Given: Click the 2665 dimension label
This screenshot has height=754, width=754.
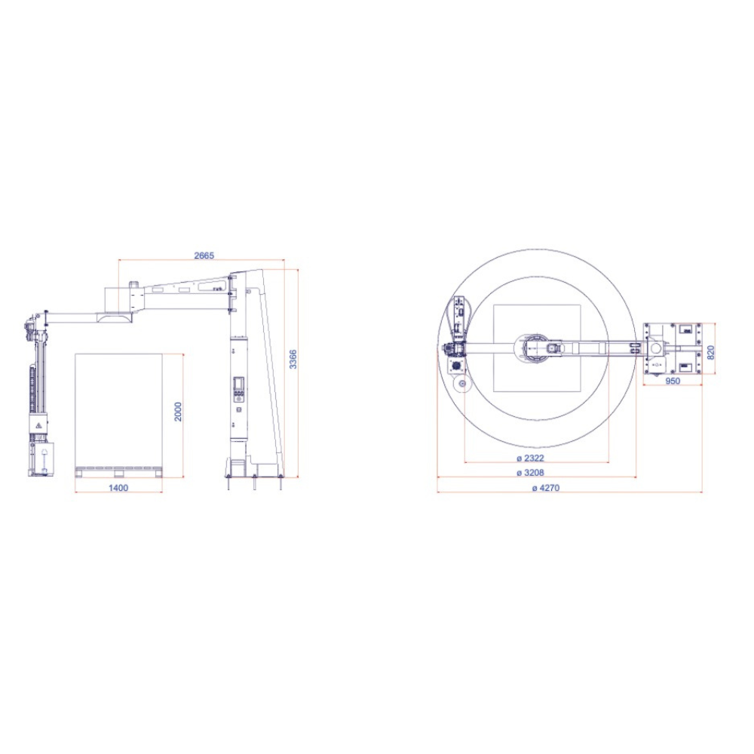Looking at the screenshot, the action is [204, 256].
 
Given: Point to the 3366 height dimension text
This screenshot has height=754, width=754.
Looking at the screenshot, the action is [293, 359].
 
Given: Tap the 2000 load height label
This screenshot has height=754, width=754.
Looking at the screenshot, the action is [178, 412].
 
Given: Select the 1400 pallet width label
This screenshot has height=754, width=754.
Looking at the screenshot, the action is [118, 488].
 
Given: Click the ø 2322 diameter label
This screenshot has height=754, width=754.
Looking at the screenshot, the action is [530, 458].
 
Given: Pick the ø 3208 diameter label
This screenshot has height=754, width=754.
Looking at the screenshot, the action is [530, 473].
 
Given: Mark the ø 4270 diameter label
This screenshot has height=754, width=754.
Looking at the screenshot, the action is [546, 488].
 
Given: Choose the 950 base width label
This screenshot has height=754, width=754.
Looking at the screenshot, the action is [673, 381].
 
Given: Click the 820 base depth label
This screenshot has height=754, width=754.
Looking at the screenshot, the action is [711, 352].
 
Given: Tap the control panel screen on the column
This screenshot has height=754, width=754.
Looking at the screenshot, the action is [238, 383].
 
